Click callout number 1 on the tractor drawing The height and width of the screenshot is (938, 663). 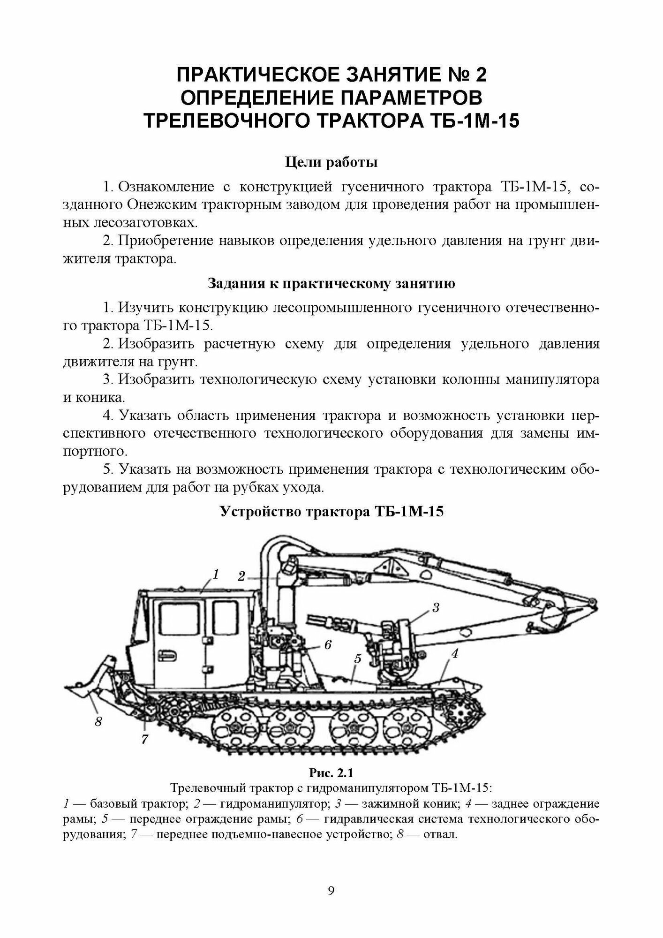coord(216,574)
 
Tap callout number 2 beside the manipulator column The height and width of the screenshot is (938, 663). coord(241,576)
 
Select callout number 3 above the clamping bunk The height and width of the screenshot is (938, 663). coord(435,608)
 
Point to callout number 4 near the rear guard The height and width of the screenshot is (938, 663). coord(454,653)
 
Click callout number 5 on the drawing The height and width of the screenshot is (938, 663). coord(358,659)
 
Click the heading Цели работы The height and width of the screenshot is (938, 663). coord(331,163)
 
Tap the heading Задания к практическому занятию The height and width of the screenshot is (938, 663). coord(331,284)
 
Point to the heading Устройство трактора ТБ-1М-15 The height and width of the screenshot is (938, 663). coord(331,511)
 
